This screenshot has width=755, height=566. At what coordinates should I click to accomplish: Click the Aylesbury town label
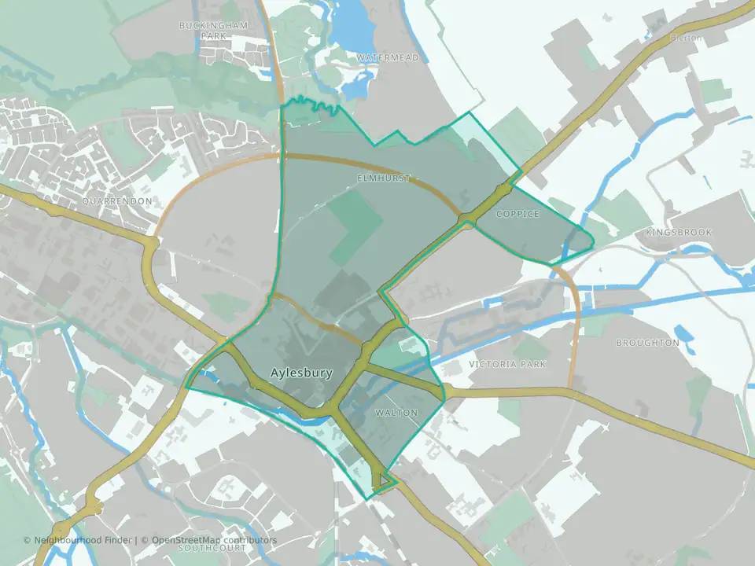(x=301, y=373)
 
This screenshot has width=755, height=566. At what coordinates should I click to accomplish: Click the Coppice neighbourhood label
(x=518, y=214)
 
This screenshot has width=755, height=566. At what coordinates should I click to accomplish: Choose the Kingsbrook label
(x=678, y=233)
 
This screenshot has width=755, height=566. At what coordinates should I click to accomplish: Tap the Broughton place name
(x=647, y=343)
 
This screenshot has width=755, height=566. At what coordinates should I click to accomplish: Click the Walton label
(x=396, y=413)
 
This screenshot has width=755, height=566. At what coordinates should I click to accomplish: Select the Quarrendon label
(x=116, y=201)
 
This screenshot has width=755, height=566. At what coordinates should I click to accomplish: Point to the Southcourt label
(x=212, y=548)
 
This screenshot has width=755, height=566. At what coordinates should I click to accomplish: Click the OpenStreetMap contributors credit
(x=214, y=540)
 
